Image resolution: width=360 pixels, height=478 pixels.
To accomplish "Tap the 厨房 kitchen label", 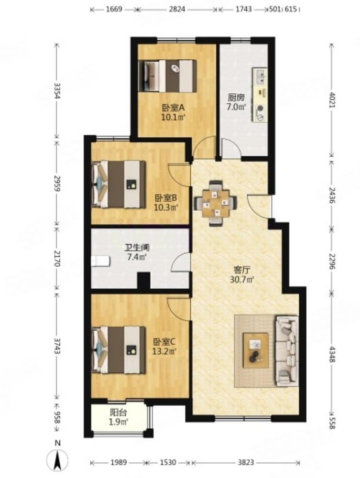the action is point(236,98).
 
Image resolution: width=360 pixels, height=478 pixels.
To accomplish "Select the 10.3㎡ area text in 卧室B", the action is point(166,208).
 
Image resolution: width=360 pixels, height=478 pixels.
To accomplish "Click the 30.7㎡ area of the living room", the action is point(242,279).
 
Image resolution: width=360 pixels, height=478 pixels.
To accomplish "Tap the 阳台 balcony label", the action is point(118,413).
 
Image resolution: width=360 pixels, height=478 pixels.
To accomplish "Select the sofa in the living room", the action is point(286,351).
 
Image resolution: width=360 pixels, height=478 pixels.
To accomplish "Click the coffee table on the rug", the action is point(256,350).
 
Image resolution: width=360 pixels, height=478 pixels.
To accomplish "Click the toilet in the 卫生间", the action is point(100,261).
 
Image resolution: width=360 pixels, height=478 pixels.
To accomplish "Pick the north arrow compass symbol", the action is point(57,459).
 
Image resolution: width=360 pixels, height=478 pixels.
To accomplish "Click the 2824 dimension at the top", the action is point(177,9).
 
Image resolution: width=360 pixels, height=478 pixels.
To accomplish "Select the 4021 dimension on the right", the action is point(332,99).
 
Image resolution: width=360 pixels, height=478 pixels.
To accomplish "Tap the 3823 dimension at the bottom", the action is point(246,462).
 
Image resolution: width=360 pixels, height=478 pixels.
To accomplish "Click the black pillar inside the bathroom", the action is point(143,281).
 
